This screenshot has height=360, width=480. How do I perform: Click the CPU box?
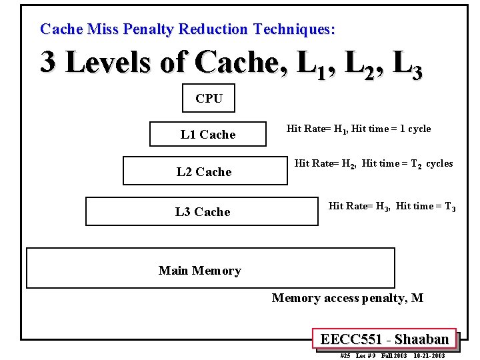[x=209, y=99]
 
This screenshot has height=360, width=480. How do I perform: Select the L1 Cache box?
[x=208, y=134]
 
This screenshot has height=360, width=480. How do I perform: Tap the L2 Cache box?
[x=205, y=171]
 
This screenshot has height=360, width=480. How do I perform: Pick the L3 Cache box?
[x=203, y=211]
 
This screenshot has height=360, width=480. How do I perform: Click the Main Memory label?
[x=199, y=270]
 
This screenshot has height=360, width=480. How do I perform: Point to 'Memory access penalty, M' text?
[x=347, y=298]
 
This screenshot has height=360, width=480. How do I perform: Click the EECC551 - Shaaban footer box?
[x=384, y=339]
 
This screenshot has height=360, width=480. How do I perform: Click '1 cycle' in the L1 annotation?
[x=415, y=129]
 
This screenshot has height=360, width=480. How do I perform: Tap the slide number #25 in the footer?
[x=345, y=356]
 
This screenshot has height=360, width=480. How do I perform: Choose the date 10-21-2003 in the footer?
[x=429, y=356]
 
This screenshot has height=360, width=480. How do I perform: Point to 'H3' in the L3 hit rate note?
[x=382, y=207]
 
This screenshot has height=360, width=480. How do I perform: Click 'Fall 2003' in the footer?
[x=394, y=356]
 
